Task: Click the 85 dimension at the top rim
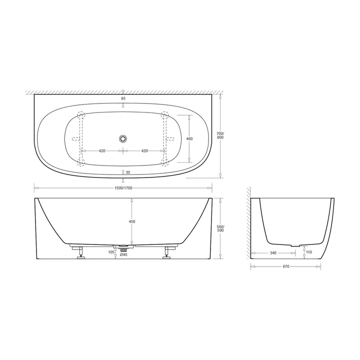pos(123,98)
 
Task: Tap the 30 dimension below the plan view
pos(128,172)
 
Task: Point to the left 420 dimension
pos(101,150)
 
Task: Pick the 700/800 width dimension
pos(220,134)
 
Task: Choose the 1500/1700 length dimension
pos(123,188)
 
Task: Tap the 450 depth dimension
pos(132,221)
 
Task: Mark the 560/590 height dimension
pos(220,228)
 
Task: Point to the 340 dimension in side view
pos(272,253)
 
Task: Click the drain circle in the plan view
pos(123,139)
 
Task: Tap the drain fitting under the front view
pos(123,246)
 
